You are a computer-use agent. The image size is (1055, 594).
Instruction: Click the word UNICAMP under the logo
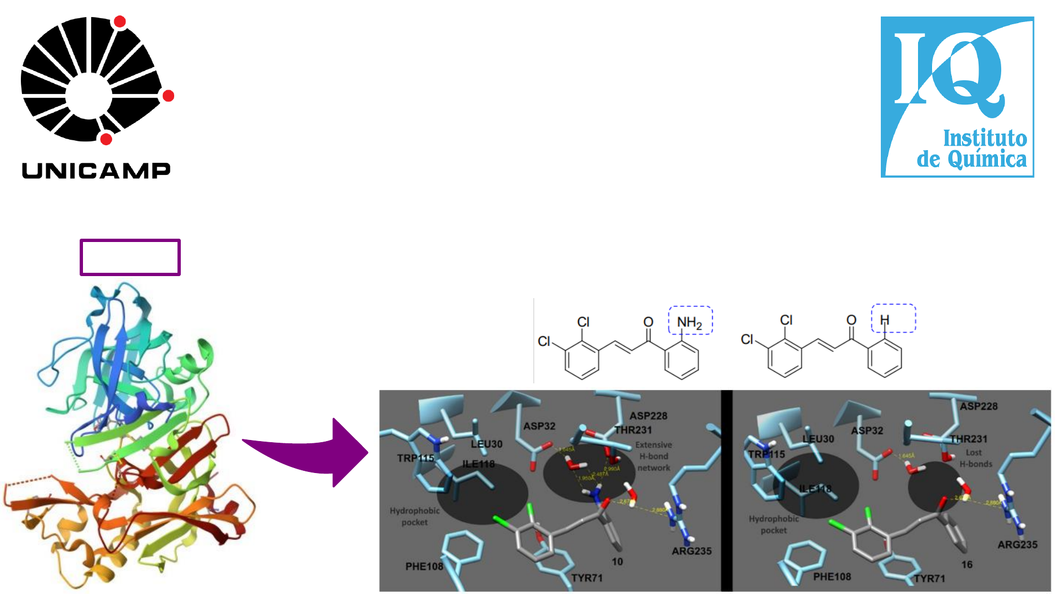(x=96, y=170)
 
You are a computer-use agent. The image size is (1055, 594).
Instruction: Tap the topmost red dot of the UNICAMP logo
(x=119, y=22)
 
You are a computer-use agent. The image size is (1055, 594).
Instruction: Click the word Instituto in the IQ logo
(x=985, y=138)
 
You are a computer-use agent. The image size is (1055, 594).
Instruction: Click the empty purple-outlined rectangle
(x=130, y=257)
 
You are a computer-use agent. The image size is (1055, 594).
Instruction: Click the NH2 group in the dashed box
(x=689, y=322)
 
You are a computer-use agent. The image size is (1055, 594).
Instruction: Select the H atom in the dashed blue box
(x=884, y=320)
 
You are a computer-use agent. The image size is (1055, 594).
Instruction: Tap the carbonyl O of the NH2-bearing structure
(x=648, y=322)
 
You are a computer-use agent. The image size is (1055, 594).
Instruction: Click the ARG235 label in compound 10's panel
(x=691, y=551)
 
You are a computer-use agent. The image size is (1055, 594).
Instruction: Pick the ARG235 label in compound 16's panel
(x=1018, y=544)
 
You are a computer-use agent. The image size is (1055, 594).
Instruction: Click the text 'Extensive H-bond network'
(x=653, y=457)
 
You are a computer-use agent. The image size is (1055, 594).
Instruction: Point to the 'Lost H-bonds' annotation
(x=975, y=458)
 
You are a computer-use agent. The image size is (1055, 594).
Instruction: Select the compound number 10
(x=618, y=562)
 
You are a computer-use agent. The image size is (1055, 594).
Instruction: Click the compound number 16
(x=967, y=564)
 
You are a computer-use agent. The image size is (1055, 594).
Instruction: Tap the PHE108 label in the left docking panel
(x=424, y=566)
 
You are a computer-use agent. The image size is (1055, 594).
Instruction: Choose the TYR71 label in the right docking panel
(x=930, y=579)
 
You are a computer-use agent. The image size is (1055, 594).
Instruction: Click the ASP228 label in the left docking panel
(x=648, y=416)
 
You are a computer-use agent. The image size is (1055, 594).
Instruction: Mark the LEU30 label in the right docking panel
(x=818, y=439)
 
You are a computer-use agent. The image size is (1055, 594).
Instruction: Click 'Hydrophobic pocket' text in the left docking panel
(x=414, y=516)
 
